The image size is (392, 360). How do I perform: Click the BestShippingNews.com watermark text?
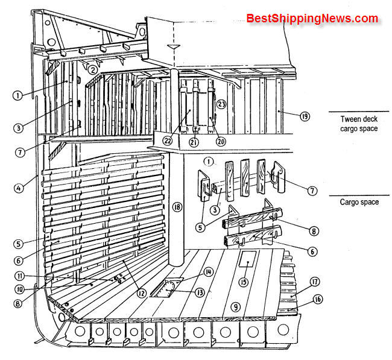(x=312, y=19)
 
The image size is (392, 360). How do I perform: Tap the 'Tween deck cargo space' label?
(x=359, y=124)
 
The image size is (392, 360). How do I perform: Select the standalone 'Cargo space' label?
(x=359, y=202)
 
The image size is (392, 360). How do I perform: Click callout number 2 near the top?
(x=92, y=70)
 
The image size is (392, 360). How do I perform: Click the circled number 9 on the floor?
(x=236, y=307)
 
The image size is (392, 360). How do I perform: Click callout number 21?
(x=194, y=142)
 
